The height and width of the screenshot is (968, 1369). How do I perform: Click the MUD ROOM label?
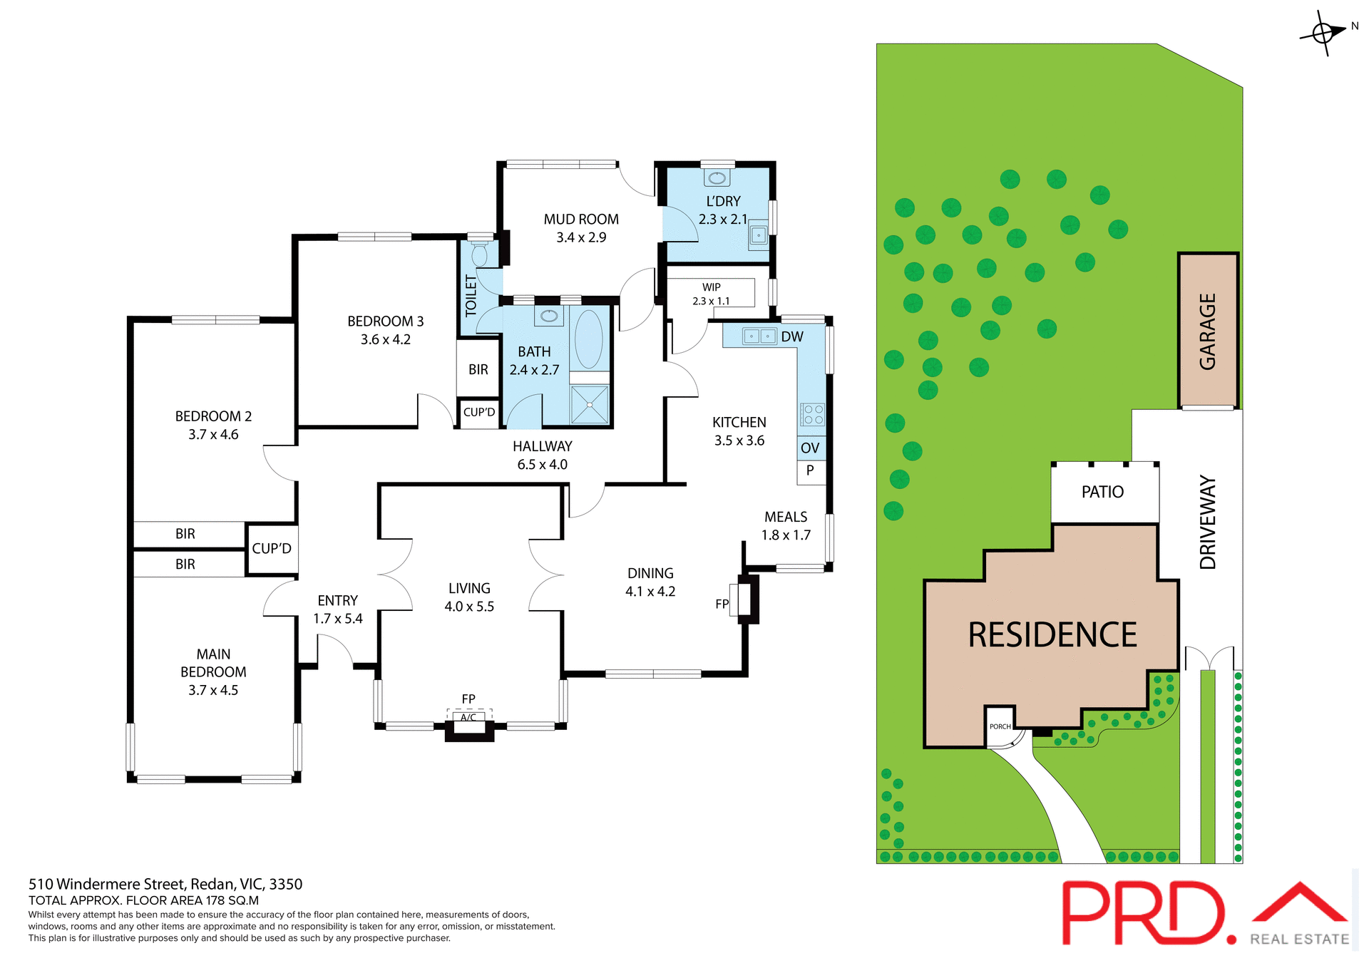[x=581, y=220]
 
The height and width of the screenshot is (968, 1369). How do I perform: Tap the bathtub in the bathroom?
[x=588, y=339]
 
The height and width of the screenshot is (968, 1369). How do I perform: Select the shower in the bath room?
[x=590, y=404]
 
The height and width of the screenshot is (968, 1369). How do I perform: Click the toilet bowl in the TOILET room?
[x=480, y=253]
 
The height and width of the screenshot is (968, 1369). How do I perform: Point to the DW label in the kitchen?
[x=792, y=336]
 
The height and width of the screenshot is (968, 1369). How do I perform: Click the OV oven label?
[x=810, y=448]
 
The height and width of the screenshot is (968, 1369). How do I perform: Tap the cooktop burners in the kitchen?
[x=813, y=414]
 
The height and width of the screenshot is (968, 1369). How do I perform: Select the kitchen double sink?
[x=759, y=336]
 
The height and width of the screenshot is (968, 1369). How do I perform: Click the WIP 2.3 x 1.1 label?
[x=711, y=294]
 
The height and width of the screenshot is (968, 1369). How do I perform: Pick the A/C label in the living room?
[x=468, y=717]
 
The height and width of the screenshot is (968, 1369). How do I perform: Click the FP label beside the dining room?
[x=722, y=604]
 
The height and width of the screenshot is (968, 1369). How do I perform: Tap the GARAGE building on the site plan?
[x=1207, y=331]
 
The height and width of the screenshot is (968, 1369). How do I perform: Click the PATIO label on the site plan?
[x=1102, y=492]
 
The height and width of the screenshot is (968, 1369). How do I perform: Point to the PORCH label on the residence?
[x=1000, y=726]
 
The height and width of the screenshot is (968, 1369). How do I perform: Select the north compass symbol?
[x=1323, y=33]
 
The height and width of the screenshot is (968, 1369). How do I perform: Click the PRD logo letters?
[x=1144, y=912]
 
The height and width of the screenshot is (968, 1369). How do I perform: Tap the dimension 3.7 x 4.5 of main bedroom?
[x=213, y=690]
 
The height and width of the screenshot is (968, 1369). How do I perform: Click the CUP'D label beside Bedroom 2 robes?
[x=272, y=548]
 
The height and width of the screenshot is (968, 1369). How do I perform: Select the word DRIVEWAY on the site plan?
[x=1207, y=522]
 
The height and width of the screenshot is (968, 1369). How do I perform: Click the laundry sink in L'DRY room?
[x=759, y=235]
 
